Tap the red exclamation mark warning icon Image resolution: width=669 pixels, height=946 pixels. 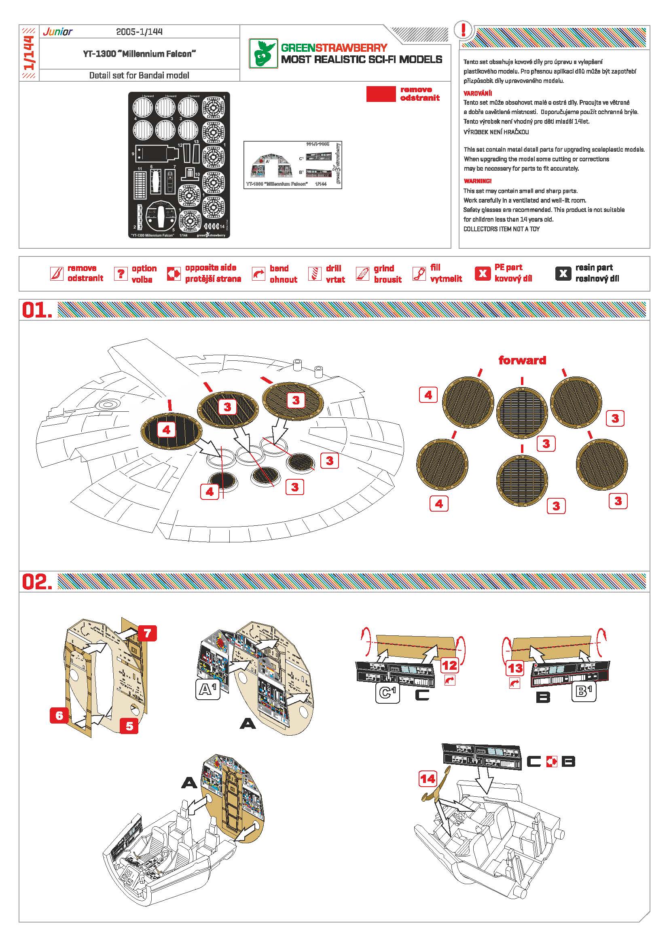pyautogui.click(x=464, y=30)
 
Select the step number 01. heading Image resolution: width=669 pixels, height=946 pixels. pyautogui.click(x=37, y=310)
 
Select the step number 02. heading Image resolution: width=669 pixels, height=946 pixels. pyautogui.click(x=37, y=581)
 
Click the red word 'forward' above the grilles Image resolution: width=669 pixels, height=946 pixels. pyautogui.click(x=522, y=360)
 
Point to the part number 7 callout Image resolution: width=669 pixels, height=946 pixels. pyautogui.click(x=148, y=633)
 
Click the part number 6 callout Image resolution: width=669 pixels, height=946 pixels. pyautogui.click(x=59, y=715)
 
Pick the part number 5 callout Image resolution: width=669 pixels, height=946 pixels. pyautogui.click(x=129, y=726)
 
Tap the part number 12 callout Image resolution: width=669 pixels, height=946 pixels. pyautogui.click(x=450, y=665)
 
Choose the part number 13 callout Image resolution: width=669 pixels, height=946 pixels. pyautogui.click(x=515, y=668)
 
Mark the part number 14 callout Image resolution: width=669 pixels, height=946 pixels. pyautogui.click(x=428, y=778)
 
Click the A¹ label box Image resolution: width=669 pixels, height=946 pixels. pyautogui.click(x=207, y=689)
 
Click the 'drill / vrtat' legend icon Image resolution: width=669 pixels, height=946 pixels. pyautogui.click(x=315, y=273)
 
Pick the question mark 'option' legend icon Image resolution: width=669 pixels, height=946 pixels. pyautogui.click(x=120, y=273)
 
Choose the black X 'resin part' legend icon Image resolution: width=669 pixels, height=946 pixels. pyautogui.click(x=563, y=273)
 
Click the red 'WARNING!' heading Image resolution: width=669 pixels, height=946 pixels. pyautogui.click(x=477, y=181)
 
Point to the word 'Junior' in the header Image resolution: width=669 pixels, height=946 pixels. pyautogui.click(x=58, y=32)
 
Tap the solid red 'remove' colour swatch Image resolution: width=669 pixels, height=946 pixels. pyautogui.click(x=381, y=94)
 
